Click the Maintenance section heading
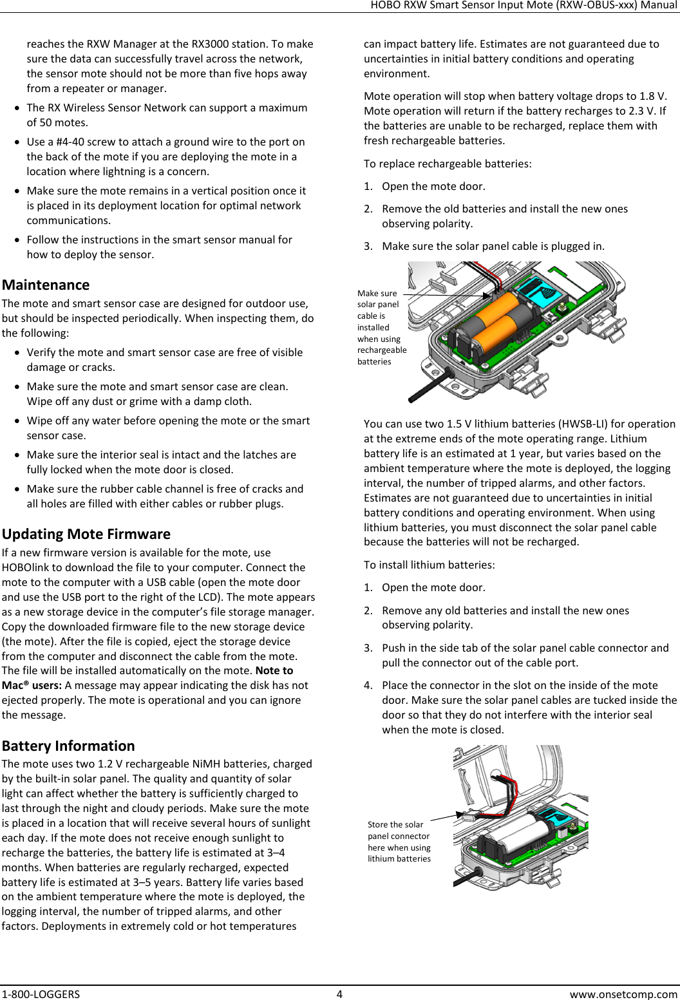click(46, 285)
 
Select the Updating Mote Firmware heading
click(86, 534)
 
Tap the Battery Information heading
click(68, 746)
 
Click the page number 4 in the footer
click(339, 994)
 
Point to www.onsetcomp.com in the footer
click(623, 994)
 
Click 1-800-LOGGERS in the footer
click(41, 994)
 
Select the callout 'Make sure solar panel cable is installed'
click(381, 327)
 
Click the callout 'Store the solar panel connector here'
click(399, 841)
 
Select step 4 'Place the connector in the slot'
click(529, 707)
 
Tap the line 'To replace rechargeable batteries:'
click(448, 164)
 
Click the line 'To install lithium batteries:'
click(430, 565)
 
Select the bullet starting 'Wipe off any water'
click(167, 428)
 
